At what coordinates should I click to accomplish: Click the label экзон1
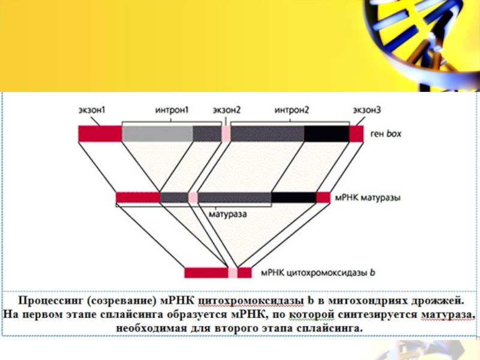(92, 110)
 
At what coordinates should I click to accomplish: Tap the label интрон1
(172, 110)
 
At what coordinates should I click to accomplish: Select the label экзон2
(227, 110)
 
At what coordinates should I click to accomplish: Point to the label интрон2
(292, 110)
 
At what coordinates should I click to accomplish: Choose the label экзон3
(367, 110)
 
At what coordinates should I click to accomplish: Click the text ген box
(386, 134)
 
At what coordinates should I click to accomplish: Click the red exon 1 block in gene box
(100, 133)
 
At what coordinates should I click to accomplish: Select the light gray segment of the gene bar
(157, 133)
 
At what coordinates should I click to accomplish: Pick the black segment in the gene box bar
(326, 133)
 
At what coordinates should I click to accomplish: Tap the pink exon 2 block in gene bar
(226, 133)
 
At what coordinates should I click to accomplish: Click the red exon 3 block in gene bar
(356, 133)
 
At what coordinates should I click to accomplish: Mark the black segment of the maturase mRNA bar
(293, 197)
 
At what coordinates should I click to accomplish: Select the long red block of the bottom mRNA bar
(206, 273)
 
